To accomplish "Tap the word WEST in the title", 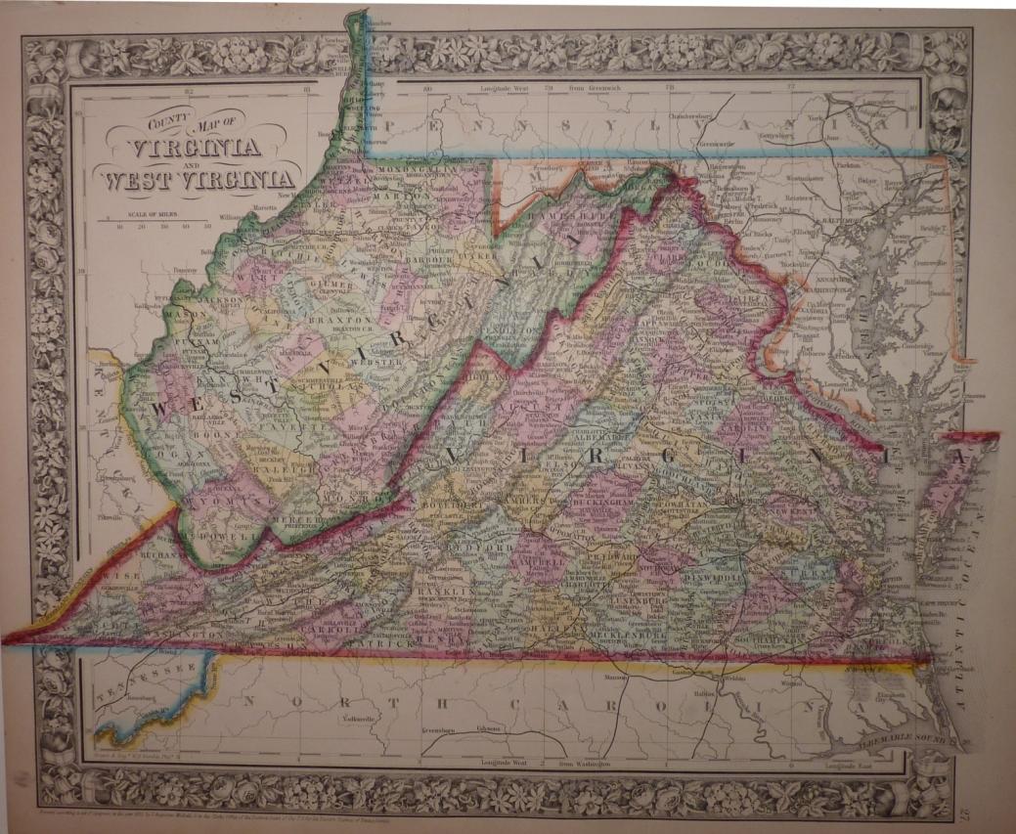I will (x=132, y=180).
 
